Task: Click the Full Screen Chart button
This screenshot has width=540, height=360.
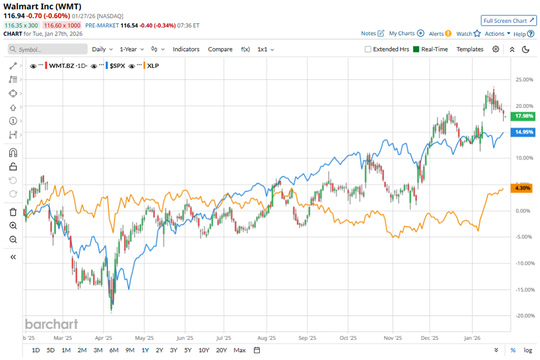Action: (x=508, y=21)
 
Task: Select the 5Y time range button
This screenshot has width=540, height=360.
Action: (x=188, y=350)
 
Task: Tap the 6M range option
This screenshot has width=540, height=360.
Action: (x=114, y=350)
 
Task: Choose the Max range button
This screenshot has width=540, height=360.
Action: (x=240, y=350)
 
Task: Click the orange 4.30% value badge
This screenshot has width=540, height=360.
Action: (x=522, y=188)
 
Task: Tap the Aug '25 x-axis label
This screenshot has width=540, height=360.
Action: (x=267, y=338)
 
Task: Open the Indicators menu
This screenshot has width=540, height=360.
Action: (x=186, y=49)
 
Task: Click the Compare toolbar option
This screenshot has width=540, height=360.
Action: (x=220, y=49)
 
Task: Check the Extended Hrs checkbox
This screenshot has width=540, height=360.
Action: (x=368, y=49)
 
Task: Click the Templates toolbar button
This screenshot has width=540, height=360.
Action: (x=470, y=49)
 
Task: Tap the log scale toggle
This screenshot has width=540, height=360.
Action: (x=527, y=350)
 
